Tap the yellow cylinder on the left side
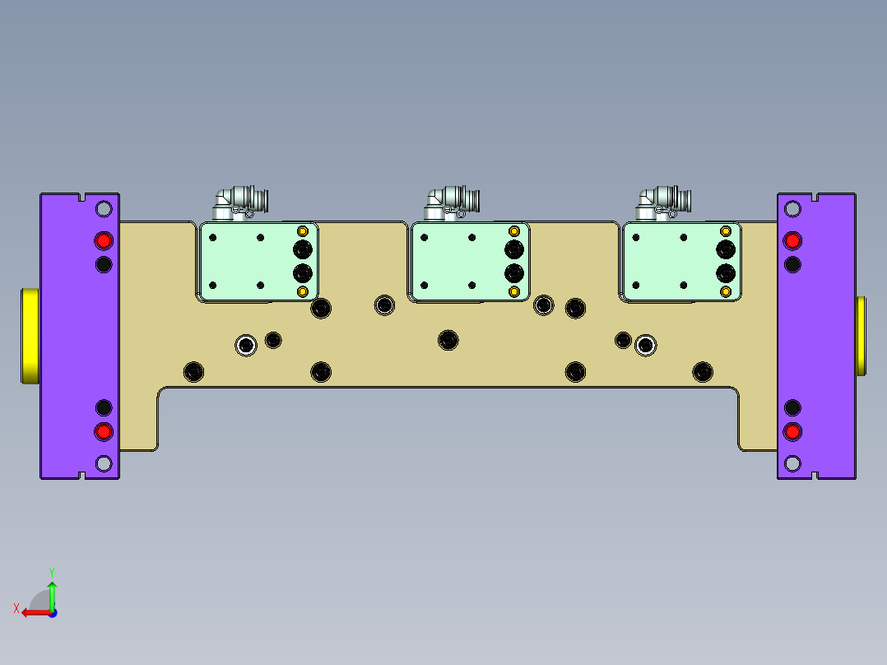(29, 336)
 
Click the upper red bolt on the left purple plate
(104, 240)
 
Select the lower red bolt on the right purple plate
(792, 431)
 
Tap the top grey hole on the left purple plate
(104, 209)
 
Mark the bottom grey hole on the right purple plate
(792, 463)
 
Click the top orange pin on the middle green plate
(514, 230)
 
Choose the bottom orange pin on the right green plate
(726, 291)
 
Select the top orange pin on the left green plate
(303, 230)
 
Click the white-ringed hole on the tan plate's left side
(245, 345)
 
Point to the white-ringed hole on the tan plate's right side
(646, 346)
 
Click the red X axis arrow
(33, 612)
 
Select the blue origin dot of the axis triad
(52, 612)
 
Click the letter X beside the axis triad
(16, 608)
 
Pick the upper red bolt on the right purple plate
(792, 240)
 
